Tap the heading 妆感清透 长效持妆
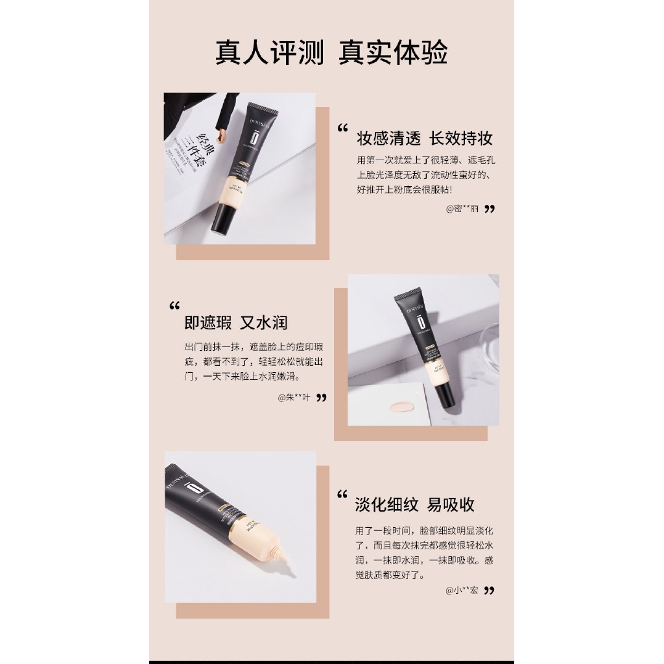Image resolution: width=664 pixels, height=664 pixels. point(425,138)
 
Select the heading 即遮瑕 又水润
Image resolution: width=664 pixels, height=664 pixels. point(235,322)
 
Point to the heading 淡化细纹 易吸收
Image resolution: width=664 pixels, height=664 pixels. point(415,504)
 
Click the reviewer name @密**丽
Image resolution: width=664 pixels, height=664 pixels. point(462,209)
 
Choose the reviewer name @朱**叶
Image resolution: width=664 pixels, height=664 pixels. point(294,397)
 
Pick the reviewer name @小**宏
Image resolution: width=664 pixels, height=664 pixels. point(462,590)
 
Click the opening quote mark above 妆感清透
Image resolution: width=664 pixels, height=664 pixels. point(343,129)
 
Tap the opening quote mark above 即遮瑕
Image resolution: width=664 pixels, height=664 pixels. point(174,306)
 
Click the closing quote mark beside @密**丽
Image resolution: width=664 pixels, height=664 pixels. point(490,209)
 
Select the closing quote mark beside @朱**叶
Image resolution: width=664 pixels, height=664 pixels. point(321,397)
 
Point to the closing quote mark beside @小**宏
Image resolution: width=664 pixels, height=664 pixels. point(490,590)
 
